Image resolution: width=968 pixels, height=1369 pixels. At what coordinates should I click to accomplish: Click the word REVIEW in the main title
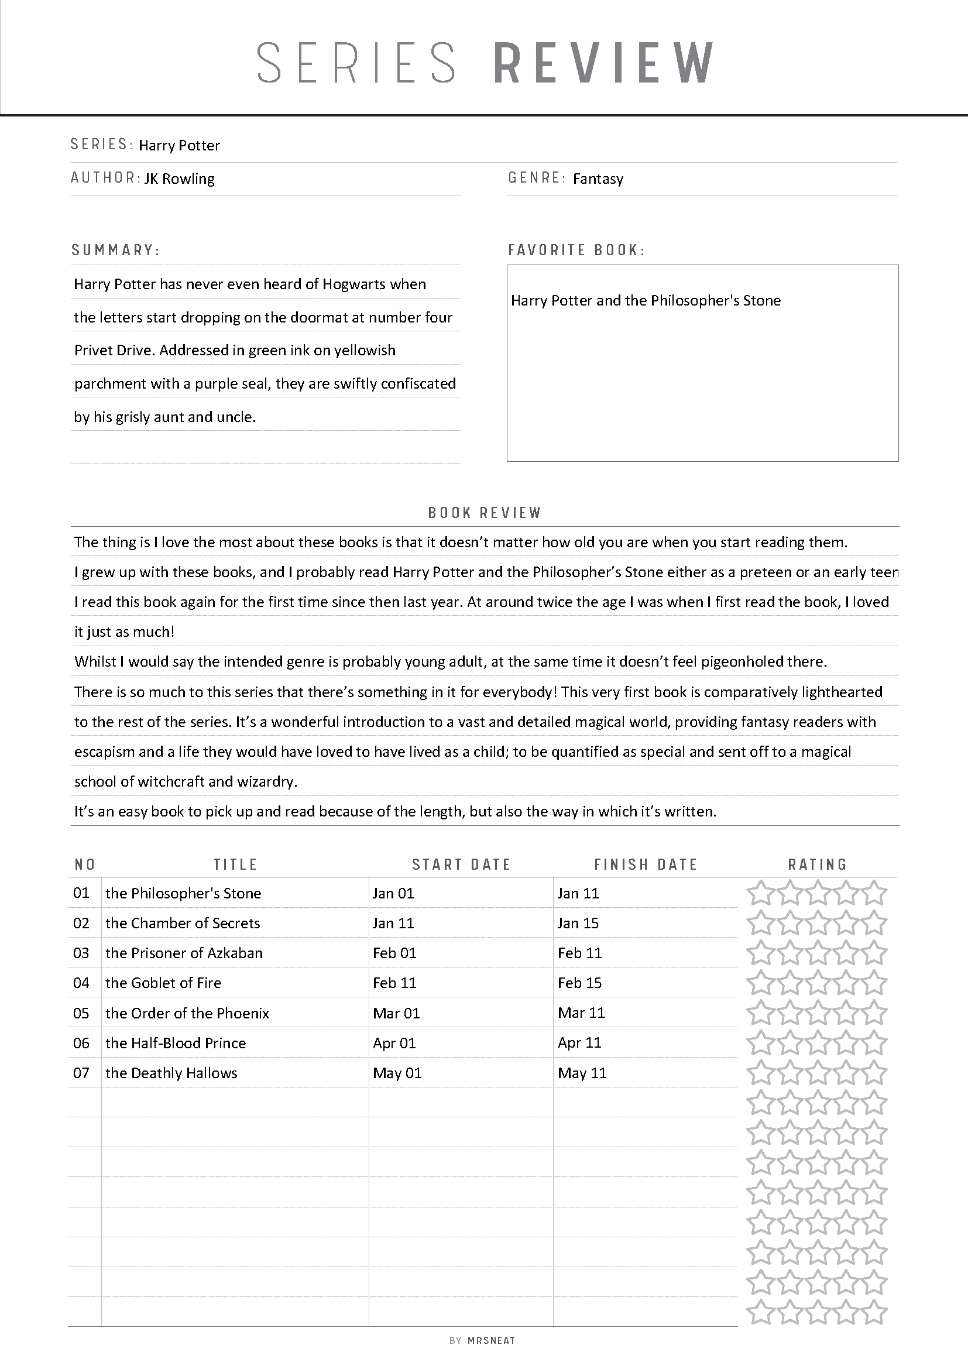[604, 63]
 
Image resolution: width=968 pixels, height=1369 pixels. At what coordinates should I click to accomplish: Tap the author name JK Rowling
[180, 179]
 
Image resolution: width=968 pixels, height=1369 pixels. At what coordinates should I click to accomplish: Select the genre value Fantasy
[598, 179]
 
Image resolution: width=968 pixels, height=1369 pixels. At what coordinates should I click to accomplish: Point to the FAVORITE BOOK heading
[576, 250]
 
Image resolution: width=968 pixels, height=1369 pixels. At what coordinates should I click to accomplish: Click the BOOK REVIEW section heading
[485, 513]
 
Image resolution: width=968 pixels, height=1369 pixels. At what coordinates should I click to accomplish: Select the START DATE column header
[461, 864]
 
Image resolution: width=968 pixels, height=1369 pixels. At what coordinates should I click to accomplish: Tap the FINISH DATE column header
[646, 864]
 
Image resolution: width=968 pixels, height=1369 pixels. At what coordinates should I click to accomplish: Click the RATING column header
[817, 864]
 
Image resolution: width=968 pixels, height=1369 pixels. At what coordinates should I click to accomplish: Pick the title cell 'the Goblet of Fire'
[163, 983]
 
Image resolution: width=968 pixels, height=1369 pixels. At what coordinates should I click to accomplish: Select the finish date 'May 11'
[582, 1073]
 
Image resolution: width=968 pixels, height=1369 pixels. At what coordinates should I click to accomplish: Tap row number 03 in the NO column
[81, 953]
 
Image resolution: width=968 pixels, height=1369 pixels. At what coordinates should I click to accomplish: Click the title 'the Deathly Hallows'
[171, 1073]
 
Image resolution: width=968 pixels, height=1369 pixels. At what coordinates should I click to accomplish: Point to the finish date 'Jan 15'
[578, 923]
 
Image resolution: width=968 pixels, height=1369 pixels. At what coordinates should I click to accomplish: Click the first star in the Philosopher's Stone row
[760, 893]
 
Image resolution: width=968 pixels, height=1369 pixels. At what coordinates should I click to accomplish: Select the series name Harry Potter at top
[180, 146]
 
